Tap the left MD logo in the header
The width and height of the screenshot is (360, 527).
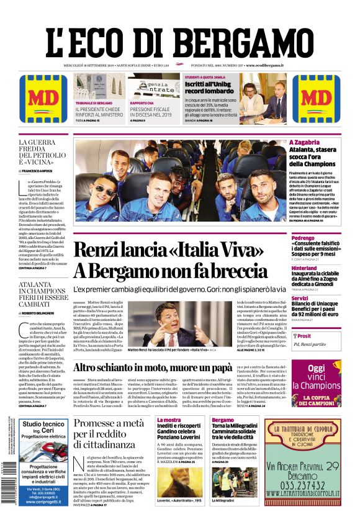click(x=40, y=99)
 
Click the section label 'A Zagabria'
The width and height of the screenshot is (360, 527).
click(x=305, y=142)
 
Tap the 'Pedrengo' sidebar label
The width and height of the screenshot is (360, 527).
click(x=304, y=237)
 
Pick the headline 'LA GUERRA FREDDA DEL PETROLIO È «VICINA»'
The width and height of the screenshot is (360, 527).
click(x=42, y=153)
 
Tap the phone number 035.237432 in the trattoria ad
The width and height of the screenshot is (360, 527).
click(x=302, y=484)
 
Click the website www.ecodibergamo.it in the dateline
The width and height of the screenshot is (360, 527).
click(x=265, y=65)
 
